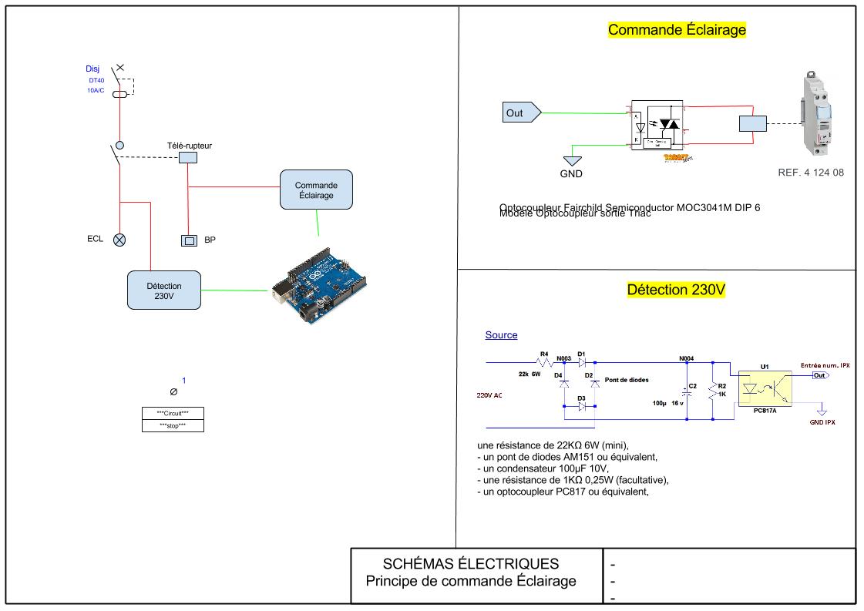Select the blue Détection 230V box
(163, 290)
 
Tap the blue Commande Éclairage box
(316, 190)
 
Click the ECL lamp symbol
(119, 240)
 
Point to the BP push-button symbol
(189, 240)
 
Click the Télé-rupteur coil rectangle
(188, 157)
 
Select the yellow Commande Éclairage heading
(677, 30)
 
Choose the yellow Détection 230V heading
(677, 290)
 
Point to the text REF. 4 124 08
(811, 173)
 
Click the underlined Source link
(501, 335)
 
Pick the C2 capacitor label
(692, 385)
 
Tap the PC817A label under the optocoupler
(765, 412)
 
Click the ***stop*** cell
(173, 425)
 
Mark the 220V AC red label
(490, 394)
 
